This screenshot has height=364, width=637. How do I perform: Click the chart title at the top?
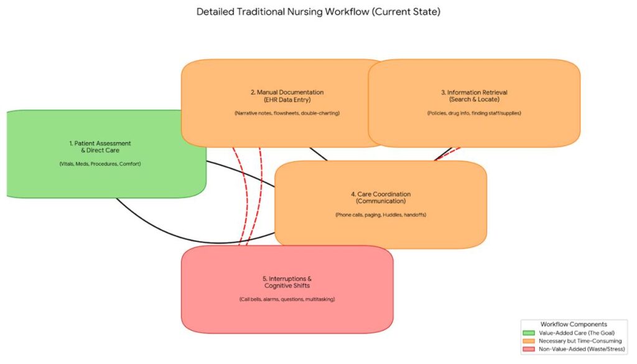pyautogui.click(x=318, y=12)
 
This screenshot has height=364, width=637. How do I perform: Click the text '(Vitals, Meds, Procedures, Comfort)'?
pyautogui.click(x=100, y=164)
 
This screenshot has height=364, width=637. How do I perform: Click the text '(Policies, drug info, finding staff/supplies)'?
pyautogui.click(x=474, y=113)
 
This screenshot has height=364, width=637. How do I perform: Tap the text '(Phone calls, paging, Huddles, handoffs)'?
pyautogui.click(x=380, y=215)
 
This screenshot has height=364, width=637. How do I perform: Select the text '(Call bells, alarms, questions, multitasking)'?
pyautogui.click(x=287, y=299)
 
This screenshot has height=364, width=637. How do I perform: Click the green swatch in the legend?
pyautogui.click(x=530, y=333)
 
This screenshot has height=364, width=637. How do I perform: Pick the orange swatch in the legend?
pyautogui.click(x=530, y=341)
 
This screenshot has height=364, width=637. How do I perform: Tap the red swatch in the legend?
pyautogui.click(x=530, y=349)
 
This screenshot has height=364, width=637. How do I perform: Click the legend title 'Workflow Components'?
pyautogui.click(x=574, y=324)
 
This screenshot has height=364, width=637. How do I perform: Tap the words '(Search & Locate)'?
pyautogui.click(x=474, y=100)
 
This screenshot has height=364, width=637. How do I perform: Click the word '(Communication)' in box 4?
pyautogui.click(x=380, y=201)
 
